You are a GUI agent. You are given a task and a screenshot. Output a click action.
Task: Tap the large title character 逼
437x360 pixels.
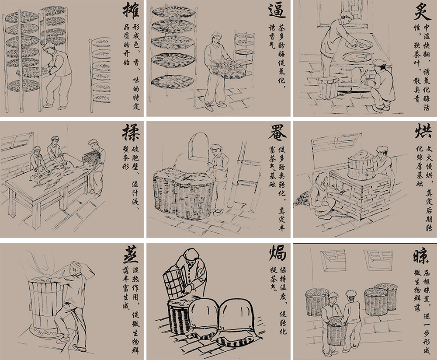277,11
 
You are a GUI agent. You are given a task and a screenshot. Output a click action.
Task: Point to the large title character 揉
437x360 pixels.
131,132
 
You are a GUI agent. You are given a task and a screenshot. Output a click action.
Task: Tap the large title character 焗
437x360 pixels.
277,252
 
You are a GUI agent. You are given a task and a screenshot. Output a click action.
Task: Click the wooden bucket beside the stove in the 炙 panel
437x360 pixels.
328,87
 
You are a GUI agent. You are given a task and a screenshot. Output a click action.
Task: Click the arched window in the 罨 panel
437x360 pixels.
199,146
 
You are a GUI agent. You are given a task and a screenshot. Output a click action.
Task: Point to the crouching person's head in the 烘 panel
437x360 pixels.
322,179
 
